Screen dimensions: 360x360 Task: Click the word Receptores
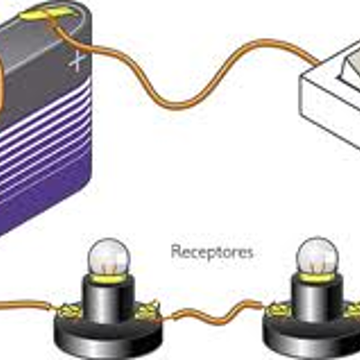(211, 253)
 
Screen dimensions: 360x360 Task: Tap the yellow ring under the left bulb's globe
(109, 280)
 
